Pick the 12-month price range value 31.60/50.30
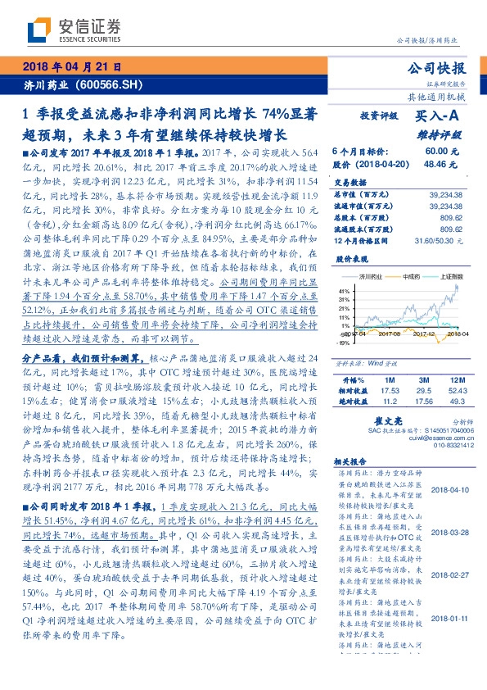[439, 241]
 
